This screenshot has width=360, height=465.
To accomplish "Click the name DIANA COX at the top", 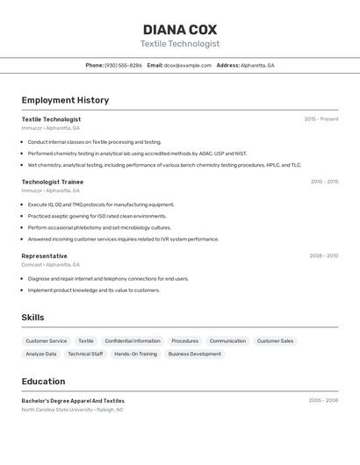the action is [x=179, y=30].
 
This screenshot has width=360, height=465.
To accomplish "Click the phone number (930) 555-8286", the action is [x=123, y=65].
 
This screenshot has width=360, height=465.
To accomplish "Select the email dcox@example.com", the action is [x=187, y=65].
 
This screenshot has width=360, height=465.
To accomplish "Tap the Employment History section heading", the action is [x=65, y=100].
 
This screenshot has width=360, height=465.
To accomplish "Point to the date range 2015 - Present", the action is [x=320, y=119].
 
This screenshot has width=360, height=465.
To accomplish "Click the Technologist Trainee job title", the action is [x=53, y=182].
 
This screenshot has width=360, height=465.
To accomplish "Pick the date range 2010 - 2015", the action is [x=324, y=182].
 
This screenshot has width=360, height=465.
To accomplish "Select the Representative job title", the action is [x=45, y=256].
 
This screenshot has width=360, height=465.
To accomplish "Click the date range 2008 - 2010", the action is [x=323, y=256].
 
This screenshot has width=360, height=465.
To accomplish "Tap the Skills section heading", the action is [x=32, y=318].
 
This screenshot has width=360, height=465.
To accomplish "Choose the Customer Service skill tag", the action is [x=46, y=340].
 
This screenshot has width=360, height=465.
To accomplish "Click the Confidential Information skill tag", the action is [x=133, y=340].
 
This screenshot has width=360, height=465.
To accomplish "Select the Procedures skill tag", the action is [x=184, y=340].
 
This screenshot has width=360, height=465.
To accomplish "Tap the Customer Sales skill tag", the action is [x=275, y=340].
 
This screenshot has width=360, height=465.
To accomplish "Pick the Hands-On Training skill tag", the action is [x=135, y=354].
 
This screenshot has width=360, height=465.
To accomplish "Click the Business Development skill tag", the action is [x=194, y=354].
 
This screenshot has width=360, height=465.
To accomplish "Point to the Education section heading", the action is [x=43, y=382].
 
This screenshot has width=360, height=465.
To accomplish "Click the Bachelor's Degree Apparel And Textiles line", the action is [x=73, y=400].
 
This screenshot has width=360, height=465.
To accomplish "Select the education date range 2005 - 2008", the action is [x=323, y=400].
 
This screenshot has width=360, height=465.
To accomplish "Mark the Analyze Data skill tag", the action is [x=41, y=354].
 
